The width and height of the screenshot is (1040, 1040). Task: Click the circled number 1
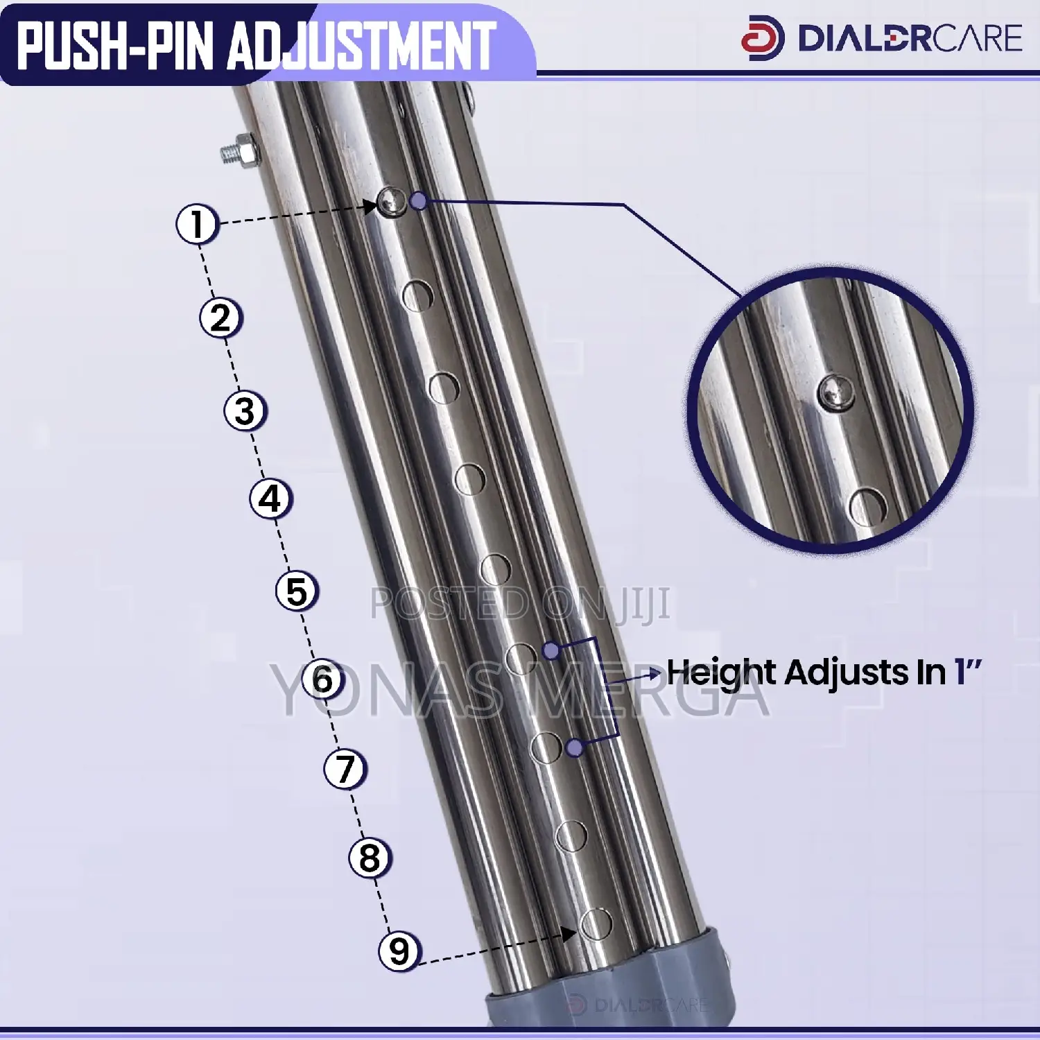click(x=198, y=224)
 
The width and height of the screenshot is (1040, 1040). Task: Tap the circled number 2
click(x=220, y=318)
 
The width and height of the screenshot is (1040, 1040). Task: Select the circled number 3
click(x=245, y=410)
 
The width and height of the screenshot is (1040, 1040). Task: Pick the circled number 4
click(x=270, y=499)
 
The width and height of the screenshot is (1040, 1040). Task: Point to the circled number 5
click(x=297, y=591)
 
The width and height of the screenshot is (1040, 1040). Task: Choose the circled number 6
click(x=323, y=679)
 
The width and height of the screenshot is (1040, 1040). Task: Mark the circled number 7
click(x=345, y=769)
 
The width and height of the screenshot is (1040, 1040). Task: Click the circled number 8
click(x=370, y=858)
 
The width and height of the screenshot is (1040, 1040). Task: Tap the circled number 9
click(x=399, y=951)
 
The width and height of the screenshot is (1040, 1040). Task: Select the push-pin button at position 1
click(x=392, y=202)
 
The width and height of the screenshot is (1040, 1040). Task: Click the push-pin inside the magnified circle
click(x=835, y=393)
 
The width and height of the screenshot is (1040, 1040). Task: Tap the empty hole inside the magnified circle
click(x=867, y=507)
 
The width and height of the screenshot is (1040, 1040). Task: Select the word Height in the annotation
click(x=721, y=673)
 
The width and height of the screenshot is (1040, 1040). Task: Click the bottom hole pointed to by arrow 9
click(x=596, y=924)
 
